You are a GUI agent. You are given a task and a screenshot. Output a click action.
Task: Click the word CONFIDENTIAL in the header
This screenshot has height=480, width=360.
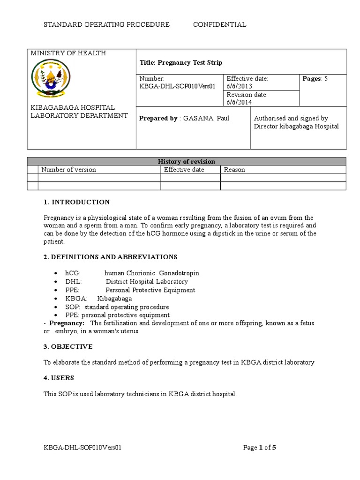tap(219, 25)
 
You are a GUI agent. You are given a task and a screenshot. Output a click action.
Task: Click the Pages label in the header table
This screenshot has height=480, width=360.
tap(312, 79)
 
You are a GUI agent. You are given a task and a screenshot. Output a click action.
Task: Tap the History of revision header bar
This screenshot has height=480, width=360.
tap(187, 162)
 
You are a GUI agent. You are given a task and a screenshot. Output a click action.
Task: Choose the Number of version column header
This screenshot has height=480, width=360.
tap(68, 170)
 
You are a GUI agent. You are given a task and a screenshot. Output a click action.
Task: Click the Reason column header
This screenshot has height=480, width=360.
tap(234, 170)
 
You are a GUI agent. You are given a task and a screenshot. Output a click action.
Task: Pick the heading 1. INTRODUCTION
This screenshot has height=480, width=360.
tap(76, 202)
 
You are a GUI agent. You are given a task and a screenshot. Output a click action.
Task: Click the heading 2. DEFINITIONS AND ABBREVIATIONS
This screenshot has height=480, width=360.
tap(110, 257)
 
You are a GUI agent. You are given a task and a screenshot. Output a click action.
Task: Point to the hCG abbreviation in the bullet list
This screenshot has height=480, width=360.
tap(74, 273)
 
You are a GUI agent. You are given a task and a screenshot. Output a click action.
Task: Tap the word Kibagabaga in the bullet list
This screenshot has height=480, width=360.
tap(114, 299)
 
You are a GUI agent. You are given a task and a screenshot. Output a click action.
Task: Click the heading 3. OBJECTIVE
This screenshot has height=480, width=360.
tap(68, 347)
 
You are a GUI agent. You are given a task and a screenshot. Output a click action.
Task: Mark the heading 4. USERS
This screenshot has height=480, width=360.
tap(59, 378)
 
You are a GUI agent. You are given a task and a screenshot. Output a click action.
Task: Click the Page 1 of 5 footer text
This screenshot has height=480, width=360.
tap(260, 448)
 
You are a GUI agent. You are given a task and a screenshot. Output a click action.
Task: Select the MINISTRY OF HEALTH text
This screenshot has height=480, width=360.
tap(68, 53)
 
